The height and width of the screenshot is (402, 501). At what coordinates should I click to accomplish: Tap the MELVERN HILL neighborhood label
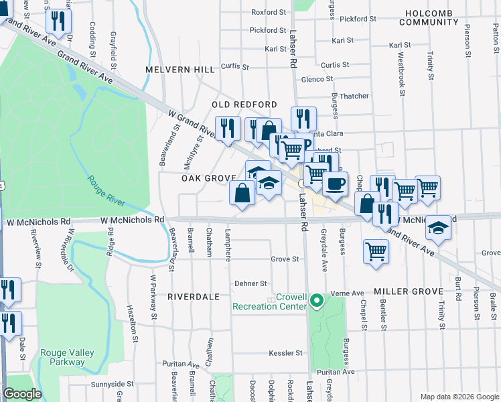[181, 70]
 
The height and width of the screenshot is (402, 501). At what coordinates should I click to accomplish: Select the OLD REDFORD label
[244, 105]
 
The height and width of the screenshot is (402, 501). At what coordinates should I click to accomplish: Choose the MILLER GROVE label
[409, 291]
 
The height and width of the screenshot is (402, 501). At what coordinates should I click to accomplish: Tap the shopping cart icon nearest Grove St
[376, 252]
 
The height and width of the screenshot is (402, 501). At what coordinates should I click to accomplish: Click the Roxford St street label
[268, 12]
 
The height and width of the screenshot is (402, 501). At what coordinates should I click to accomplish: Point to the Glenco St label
[317, 79]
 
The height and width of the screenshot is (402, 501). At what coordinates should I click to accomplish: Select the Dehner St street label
[250, 284]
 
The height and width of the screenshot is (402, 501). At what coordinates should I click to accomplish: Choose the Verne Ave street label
[349, 293]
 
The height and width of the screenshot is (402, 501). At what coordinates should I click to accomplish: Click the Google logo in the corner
[22, 394]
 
